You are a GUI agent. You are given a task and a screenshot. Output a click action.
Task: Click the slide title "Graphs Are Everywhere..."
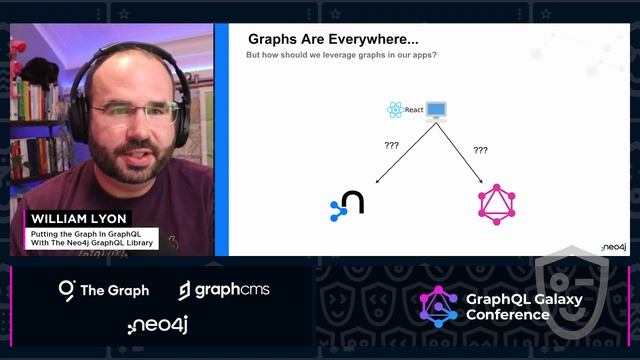click(x=333, y=39)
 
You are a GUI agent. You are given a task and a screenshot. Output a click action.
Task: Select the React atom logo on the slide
click(x=395, y=110)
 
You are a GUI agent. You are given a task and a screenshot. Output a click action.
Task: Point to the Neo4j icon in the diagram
click(x=347, y=204)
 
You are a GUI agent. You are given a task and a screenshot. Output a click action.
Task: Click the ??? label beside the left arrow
click(x=391, y=145)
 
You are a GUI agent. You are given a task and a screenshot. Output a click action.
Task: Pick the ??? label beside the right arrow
click(x=481, y=150)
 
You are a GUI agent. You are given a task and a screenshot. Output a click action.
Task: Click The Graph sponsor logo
click(x=104, y=290)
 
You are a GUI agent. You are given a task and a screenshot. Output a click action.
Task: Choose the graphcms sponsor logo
click(x=224, y=290)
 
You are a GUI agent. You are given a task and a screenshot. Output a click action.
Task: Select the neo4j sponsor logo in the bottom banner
click(x=158, y=324)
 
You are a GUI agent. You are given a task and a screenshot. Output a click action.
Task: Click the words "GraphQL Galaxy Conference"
click(x=508, y=306)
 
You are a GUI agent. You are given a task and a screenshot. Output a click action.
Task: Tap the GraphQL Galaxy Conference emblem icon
click(x=438, y=306)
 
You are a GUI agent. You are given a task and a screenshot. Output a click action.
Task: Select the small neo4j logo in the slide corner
click(x=613, y=246)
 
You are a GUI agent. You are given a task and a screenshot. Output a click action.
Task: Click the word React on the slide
click(x=414, y=110)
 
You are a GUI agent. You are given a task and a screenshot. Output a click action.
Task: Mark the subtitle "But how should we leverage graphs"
click(x=341, y=55)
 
